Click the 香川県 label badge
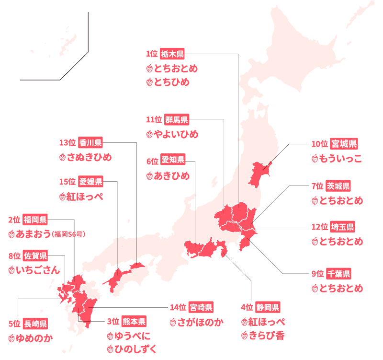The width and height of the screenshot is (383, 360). click(90, 142)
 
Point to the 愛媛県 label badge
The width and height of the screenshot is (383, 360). click(90, 182)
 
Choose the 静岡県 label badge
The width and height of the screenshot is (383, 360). click(267, 307)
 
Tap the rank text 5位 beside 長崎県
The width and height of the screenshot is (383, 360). click(14, 324)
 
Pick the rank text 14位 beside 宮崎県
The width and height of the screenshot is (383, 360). click(178, 307)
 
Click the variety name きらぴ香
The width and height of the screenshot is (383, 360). click(267, 335)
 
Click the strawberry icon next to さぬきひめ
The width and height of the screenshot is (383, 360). click(62, 157)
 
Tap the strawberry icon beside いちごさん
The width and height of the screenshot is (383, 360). click(12, 270)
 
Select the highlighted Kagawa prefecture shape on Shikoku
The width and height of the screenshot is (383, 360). click(137, 265)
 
